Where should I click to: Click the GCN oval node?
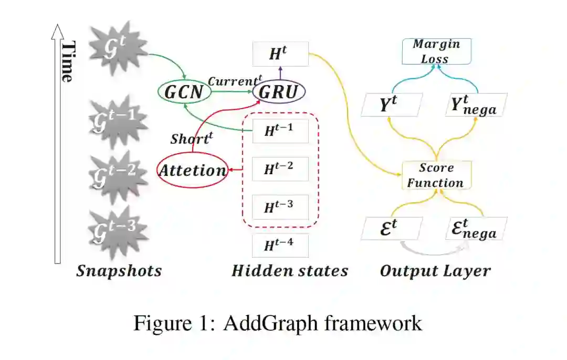[184, 92]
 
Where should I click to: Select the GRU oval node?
[279, 92]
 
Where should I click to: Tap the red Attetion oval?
[192, 170]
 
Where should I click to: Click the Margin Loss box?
[436, 51]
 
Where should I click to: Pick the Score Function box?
[436, 175]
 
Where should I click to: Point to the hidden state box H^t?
[280, 54]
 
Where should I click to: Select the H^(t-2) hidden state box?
[280, 168]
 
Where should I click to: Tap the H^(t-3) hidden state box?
[280, 206]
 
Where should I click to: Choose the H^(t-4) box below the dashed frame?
[280, 245]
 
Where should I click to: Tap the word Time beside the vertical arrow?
[67, 61]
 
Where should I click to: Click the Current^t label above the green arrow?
[234, 81]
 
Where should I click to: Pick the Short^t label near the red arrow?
[193, 139]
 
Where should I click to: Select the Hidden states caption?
[290, 271]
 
